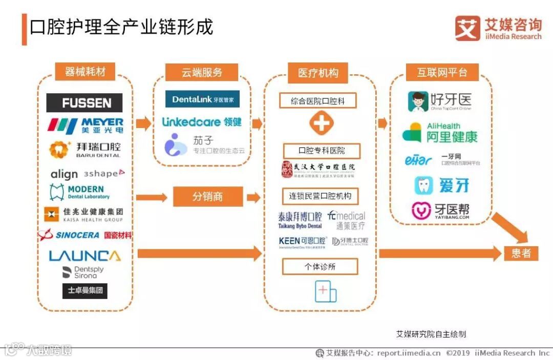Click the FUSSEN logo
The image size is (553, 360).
(x=84, y=102)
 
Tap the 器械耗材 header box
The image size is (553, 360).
(x=85, y=72)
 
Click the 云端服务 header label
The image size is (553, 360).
(x=202, y=72)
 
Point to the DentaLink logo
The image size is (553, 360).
(x=202, y=99)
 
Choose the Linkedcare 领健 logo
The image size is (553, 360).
(x=202, y=122)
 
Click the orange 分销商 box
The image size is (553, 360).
(x=207, y=197)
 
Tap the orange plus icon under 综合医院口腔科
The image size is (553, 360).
(x=321, y=123)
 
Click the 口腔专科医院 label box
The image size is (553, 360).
(x=322, y=151)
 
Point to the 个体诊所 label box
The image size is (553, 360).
(x=320, y=266)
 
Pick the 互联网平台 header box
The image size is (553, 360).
(x=442, y=72)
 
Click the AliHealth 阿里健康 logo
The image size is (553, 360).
(x=440, y=133)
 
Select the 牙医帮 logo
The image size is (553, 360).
(x=441, y=210)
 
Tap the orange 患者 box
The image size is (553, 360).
(x=521, y=253)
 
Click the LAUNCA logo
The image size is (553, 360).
(x=84, y=256)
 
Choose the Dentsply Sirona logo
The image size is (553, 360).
(x=82, y=272)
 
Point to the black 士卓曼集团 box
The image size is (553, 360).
(x=85, y=291)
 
